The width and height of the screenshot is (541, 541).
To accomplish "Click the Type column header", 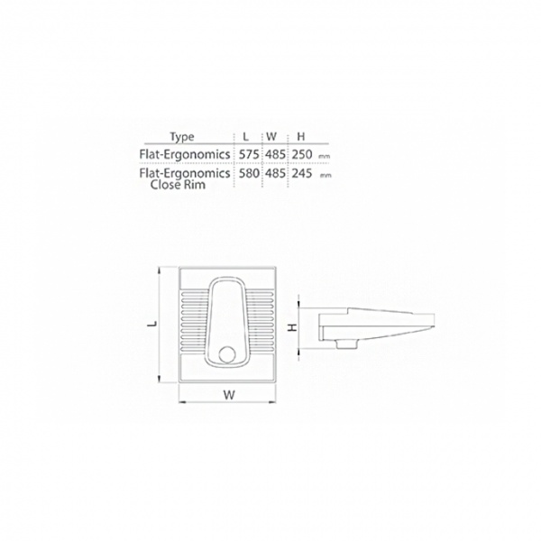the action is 182,137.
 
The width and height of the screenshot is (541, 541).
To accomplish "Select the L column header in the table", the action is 245,137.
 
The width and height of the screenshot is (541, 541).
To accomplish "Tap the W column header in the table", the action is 271,137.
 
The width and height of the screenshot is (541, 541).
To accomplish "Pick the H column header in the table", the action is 301,137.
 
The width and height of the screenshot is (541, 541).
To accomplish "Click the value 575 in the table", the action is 249,154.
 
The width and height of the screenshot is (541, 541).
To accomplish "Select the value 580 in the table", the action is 249,173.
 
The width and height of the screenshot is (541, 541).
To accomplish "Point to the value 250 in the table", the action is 302,154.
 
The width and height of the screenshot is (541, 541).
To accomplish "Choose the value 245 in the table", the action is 302,173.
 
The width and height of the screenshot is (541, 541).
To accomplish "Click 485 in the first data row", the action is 276,154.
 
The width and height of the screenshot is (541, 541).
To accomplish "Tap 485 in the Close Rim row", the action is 276,173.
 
